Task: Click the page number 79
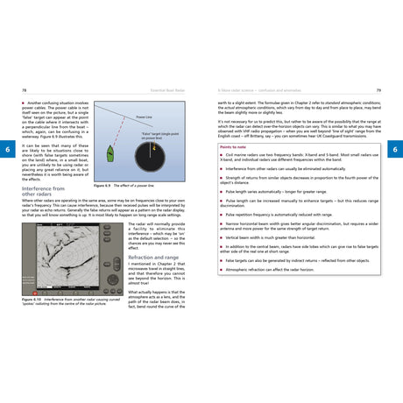(378, 89)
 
